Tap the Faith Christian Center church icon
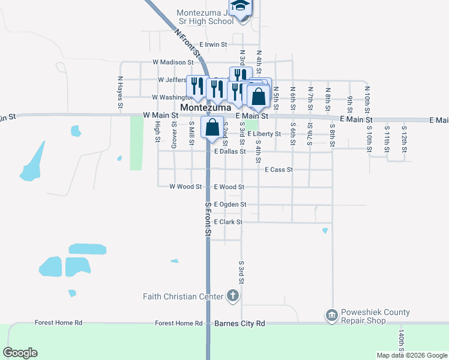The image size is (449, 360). click(x=233, y=296)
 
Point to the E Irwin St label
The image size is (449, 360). click(x=214, y=44)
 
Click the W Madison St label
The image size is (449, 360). click(x=173, y=62)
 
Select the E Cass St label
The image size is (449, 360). click(x=279, y=170)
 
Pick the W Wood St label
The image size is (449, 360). click(x=185, y=187)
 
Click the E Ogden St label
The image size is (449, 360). click(x=230, y=205)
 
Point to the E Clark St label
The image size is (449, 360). click(x=228, y=222)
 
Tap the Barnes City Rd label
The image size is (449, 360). click(x=240, y=323)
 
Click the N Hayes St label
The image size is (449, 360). click(x=120, y=92)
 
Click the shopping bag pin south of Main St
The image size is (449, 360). click(x=212, y=128)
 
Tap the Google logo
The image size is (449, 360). click(x=20, y=353)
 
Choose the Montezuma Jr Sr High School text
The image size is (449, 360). click(x=205, y=17)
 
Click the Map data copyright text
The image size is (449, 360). click(x=411, y=355)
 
